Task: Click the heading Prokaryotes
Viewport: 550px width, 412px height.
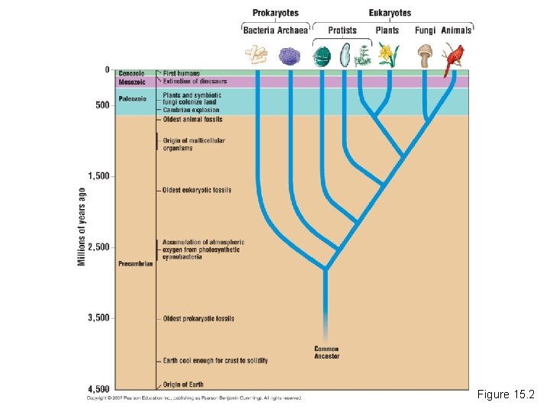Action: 275,13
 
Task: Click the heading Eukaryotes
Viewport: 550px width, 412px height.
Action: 390,13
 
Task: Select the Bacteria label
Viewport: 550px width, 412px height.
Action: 259,31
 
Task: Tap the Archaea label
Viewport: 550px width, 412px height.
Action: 293,31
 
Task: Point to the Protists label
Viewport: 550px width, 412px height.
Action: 342,31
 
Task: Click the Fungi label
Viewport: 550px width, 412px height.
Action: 425,31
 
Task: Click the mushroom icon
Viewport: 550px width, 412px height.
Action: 425,55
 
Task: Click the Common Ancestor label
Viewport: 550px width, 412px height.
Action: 326,352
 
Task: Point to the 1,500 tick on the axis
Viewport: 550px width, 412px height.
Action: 99,176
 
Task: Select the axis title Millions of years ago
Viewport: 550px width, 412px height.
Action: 82,227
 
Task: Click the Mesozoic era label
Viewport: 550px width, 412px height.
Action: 131,82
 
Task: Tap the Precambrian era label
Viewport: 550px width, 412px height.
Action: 136,264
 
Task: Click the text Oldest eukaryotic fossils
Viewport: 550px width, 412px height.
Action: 196,190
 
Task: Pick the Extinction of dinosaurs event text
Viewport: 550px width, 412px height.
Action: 195,82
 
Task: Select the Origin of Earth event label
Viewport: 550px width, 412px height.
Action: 184,384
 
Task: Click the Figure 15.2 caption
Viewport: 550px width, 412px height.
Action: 506,394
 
